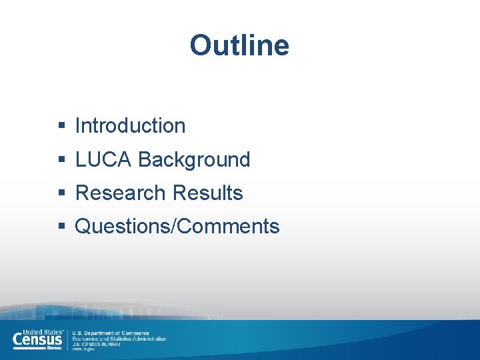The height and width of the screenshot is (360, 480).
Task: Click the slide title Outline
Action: tap(239, 45)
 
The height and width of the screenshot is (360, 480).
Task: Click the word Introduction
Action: tap(130, 125)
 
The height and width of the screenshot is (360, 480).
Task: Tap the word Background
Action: tap(194, 159)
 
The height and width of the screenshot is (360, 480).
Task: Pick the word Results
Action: tap(207, 193)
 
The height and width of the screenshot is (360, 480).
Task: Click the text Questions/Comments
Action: tap(177, 226)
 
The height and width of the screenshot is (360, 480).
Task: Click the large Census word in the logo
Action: tap(37, 340)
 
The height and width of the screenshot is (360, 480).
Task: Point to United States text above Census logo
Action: tap(42, 331)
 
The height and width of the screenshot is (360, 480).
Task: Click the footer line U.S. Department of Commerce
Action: tap(111, 333)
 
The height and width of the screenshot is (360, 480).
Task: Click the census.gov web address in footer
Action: tap(83, 349)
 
